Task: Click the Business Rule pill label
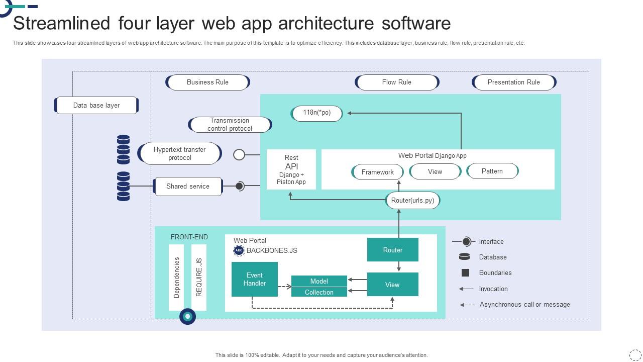click(207, 82)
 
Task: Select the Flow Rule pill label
click(397, 82)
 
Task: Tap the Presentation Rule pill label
click(513, 82)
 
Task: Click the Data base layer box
click(96, 106)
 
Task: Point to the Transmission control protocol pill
click(230, 125)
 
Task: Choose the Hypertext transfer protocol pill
click(180, 154)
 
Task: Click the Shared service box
click(188, 187)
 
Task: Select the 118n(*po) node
click(317, 113)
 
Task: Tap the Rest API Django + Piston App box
click(291, 169)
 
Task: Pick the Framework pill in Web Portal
click(378, 172)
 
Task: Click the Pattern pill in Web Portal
click(492, 171)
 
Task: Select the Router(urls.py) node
click(412, 201)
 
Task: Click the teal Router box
click(392, 250)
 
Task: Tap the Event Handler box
click(255, 280)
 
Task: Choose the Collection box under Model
click(319, 292)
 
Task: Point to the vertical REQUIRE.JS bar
click(199, 278)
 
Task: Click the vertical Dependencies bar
click(176, 278)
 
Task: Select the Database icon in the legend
click(465, 257)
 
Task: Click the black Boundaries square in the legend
click(465, 273)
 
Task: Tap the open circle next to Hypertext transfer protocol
click(239, 155)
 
